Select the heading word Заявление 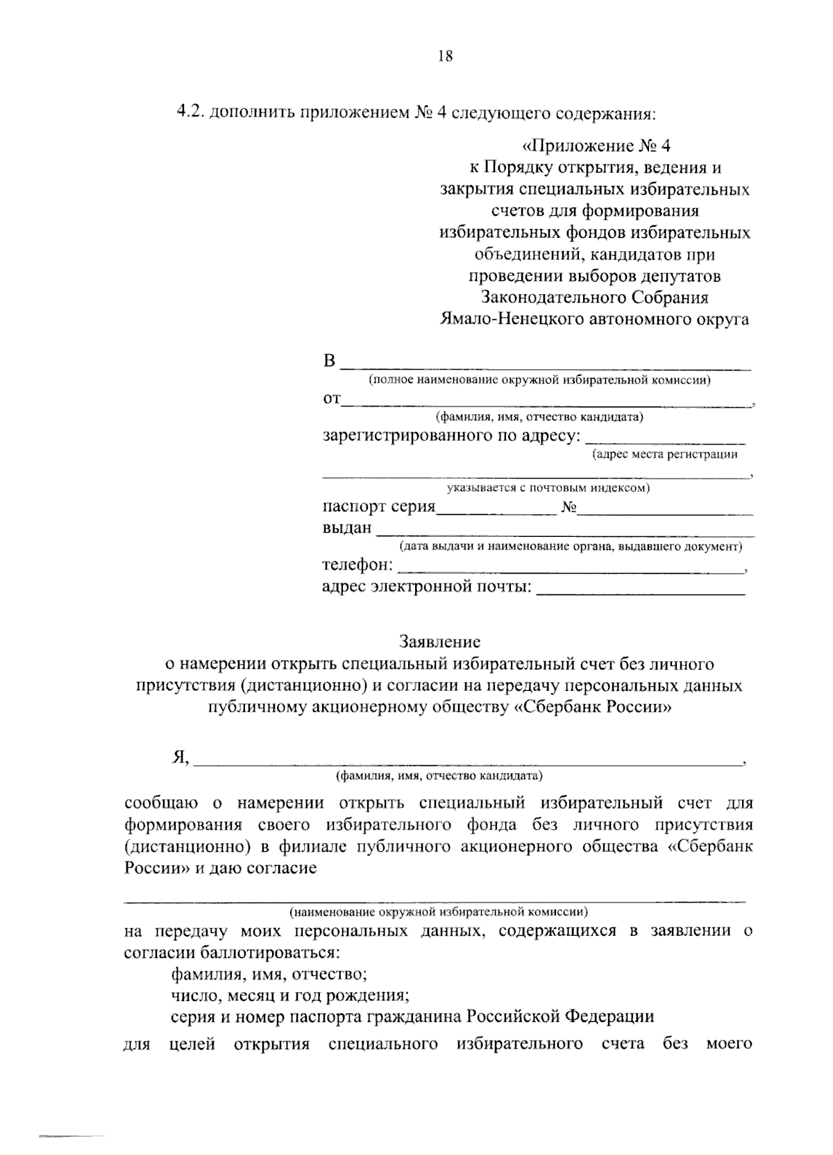pyautogui.click(x=439, y=642)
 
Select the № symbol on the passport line pyautogui.click(x=569, y=507)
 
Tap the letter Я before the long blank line pyautogui.click(x=180, y=757)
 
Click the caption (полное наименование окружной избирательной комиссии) pyautogui.click(x=539, y=379)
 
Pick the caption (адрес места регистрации pyautogui.click(x=664, y=454)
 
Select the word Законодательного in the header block pyautogui.click(x=554, y=297)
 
